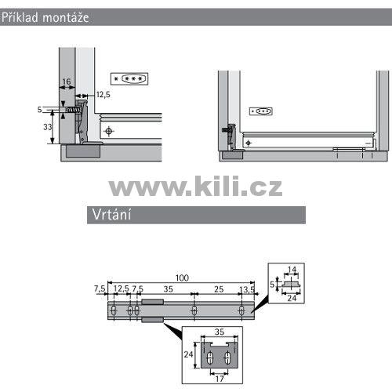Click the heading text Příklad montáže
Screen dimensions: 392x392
point(45,17)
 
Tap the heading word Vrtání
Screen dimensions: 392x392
point(111,215)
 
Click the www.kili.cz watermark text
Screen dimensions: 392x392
point(195,186)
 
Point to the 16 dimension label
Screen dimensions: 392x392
point(67,82)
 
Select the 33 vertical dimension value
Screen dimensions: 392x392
point(48,127)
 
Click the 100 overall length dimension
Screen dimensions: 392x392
point(182,278)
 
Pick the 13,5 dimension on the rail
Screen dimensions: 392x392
point(247,289)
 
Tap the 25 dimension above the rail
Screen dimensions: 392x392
point(219,289)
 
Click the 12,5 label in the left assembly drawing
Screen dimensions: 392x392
point(103,95)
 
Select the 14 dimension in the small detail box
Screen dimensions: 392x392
point(292,269)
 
